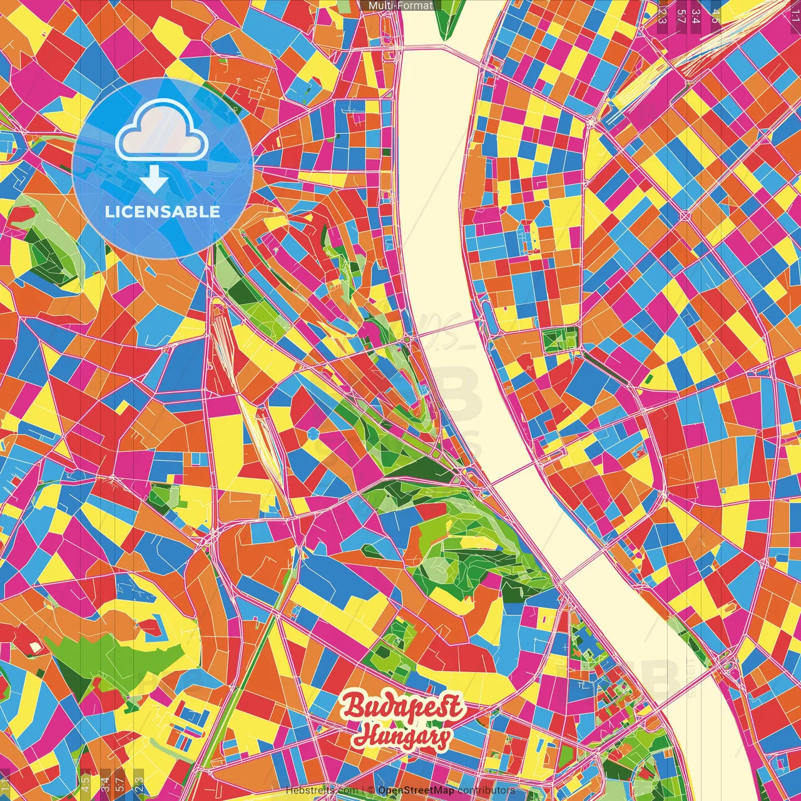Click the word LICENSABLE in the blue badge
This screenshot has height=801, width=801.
[x=162, y=212]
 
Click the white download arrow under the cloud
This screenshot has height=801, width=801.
[x=153, y=180]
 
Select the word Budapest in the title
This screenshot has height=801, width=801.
[x=402, y=707]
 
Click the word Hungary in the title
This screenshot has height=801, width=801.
[x=401, y=736]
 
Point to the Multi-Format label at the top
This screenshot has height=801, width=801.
[x=400, y=6]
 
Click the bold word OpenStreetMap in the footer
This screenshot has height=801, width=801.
[x=416, y=790]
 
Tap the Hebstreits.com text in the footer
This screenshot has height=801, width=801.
[x=322, y=790]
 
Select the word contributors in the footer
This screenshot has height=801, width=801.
[x=486, y=790]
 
